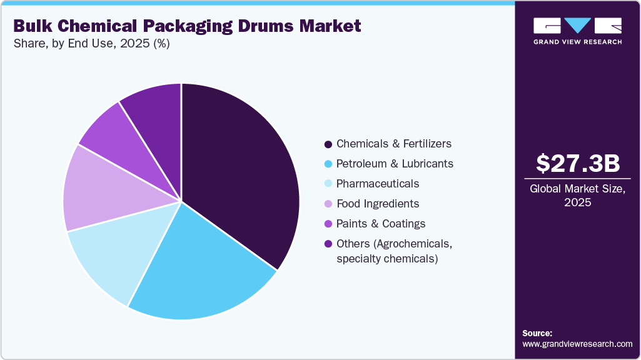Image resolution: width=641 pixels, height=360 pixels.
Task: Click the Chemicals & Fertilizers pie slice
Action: [x=241, y=175]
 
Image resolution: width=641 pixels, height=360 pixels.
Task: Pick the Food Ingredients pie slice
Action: [x=94, y=191]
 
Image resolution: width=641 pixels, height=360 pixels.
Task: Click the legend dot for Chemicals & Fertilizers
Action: [x=328, y=144]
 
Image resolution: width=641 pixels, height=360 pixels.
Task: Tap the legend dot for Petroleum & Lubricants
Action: [x=328, y=164]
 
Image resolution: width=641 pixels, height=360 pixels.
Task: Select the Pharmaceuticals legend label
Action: [x=378, y=184]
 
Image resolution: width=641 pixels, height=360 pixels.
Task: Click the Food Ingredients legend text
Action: [x=378, y=204]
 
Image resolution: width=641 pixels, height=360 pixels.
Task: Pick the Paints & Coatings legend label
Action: [x=381, y=224]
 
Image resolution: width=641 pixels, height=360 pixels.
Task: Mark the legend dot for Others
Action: [x=328, y=244]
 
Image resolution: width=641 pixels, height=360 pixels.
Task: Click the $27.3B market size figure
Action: [x=577, y=164]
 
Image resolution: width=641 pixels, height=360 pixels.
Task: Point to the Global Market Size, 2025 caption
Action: [x=577, y=195]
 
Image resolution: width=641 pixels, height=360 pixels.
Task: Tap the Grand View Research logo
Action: [x=577, y=31]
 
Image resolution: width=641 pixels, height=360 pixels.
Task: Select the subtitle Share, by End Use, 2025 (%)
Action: [x=92, y=44]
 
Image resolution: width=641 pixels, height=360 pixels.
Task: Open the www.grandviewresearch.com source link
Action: [x=577, y=344]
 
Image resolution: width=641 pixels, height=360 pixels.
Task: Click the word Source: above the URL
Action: [x=537, y=333]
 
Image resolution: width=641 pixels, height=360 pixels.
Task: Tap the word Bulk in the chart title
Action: [x=33, y=26]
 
